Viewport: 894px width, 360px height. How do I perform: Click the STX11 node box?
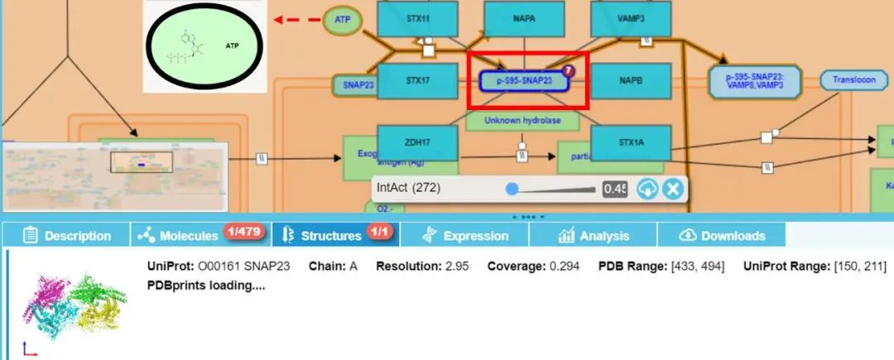point(417,17)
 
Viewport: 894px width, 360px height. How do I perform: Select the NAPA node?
point(524,17)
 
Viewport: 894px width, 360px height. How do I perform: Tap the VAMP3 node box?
point(630,17)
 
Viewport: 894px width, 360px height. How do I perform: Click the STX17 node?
point(417,80)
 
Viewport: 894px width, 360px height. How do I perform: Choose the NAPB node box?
point(630,80)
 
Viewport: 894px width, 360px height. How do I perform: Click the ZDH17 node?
point(417,142)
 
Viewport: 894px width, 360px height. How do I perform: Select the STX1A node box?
point(630,142)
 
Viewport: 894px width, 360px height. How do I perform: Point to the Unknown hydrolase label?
point(521,121)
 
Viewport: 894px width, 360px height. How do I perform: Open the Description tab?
point(67,235)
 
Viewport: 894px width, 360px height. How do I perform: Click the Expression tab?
point(465,235)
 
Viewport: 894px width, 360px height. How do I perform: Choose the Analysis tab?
point(594,235)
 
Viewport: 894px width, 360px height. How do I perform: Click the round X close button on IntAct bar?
point(673,189)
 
